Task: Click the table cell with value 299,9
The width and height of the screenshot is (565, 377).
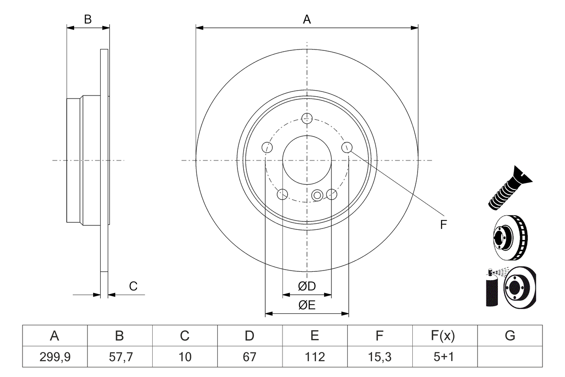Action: [x=54, y=357]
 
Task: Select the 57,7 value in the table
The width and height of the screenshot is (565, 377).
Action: [x=119, y=357]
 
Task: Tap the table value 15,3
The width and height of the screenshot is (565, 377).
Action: [x=379, y=357]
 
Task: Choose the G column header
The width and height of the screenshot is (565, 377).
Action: [x=510, y=336]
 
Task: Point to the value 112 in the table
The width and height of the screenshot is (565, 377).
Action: [x=314, y=357]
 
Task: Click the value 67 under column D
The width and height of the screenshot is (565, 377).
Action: [x=249, y=357]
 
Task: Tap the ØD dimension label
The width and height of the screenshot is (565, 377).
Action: [x=307, y=286]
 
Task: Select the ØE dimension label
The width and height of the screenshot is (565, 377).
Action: [x=307, y=305]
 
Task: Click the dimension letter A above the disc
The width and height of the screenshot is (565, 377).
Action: [x=307, y=19]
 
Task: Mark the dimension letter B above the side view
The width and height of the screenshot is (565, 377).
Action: [x=88, y=19]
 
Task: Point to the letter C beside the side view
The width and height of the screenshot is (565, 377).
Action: [x=133, y=286]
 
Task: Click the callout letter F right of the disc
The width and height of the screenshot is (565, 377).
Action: [x=444, y=225]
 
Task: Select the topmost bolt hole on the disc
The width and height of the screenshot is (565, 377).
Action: [x=307, y=118]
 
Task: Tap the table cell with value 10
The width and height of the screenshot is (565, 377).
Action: [x=185, y=357]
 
